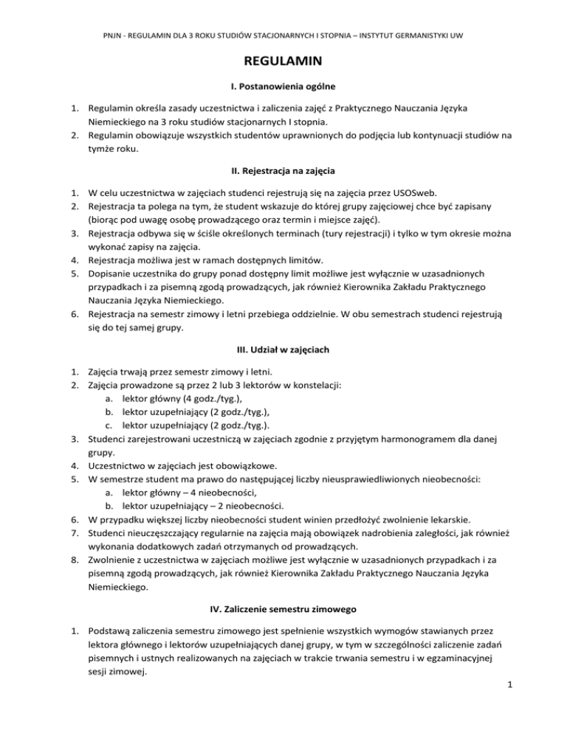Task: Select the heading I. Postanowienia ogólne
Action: coord(283,86)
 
